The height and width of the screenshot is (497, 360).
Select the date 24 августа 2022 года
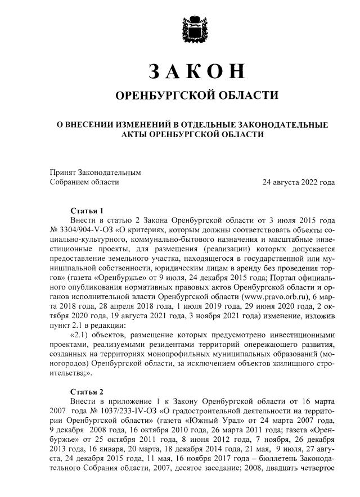pos(299,182)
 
